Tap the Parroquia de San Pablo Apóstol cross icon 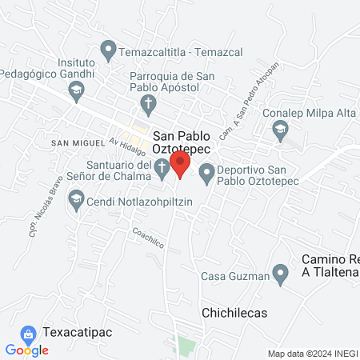[x=147, y=102]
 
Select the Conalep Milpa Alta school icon [x=280, y=131]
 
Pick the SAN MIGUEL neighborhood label [x=78, y=142]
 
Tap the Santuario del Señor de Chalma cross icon [x=162, y=168]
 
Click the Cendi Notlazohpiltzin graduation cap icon [x=76, y=199]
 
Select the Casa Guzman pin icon [x=280, y=275]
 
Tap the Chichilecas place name [x=234, y=312]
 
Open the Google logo [x=26, y=350]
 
